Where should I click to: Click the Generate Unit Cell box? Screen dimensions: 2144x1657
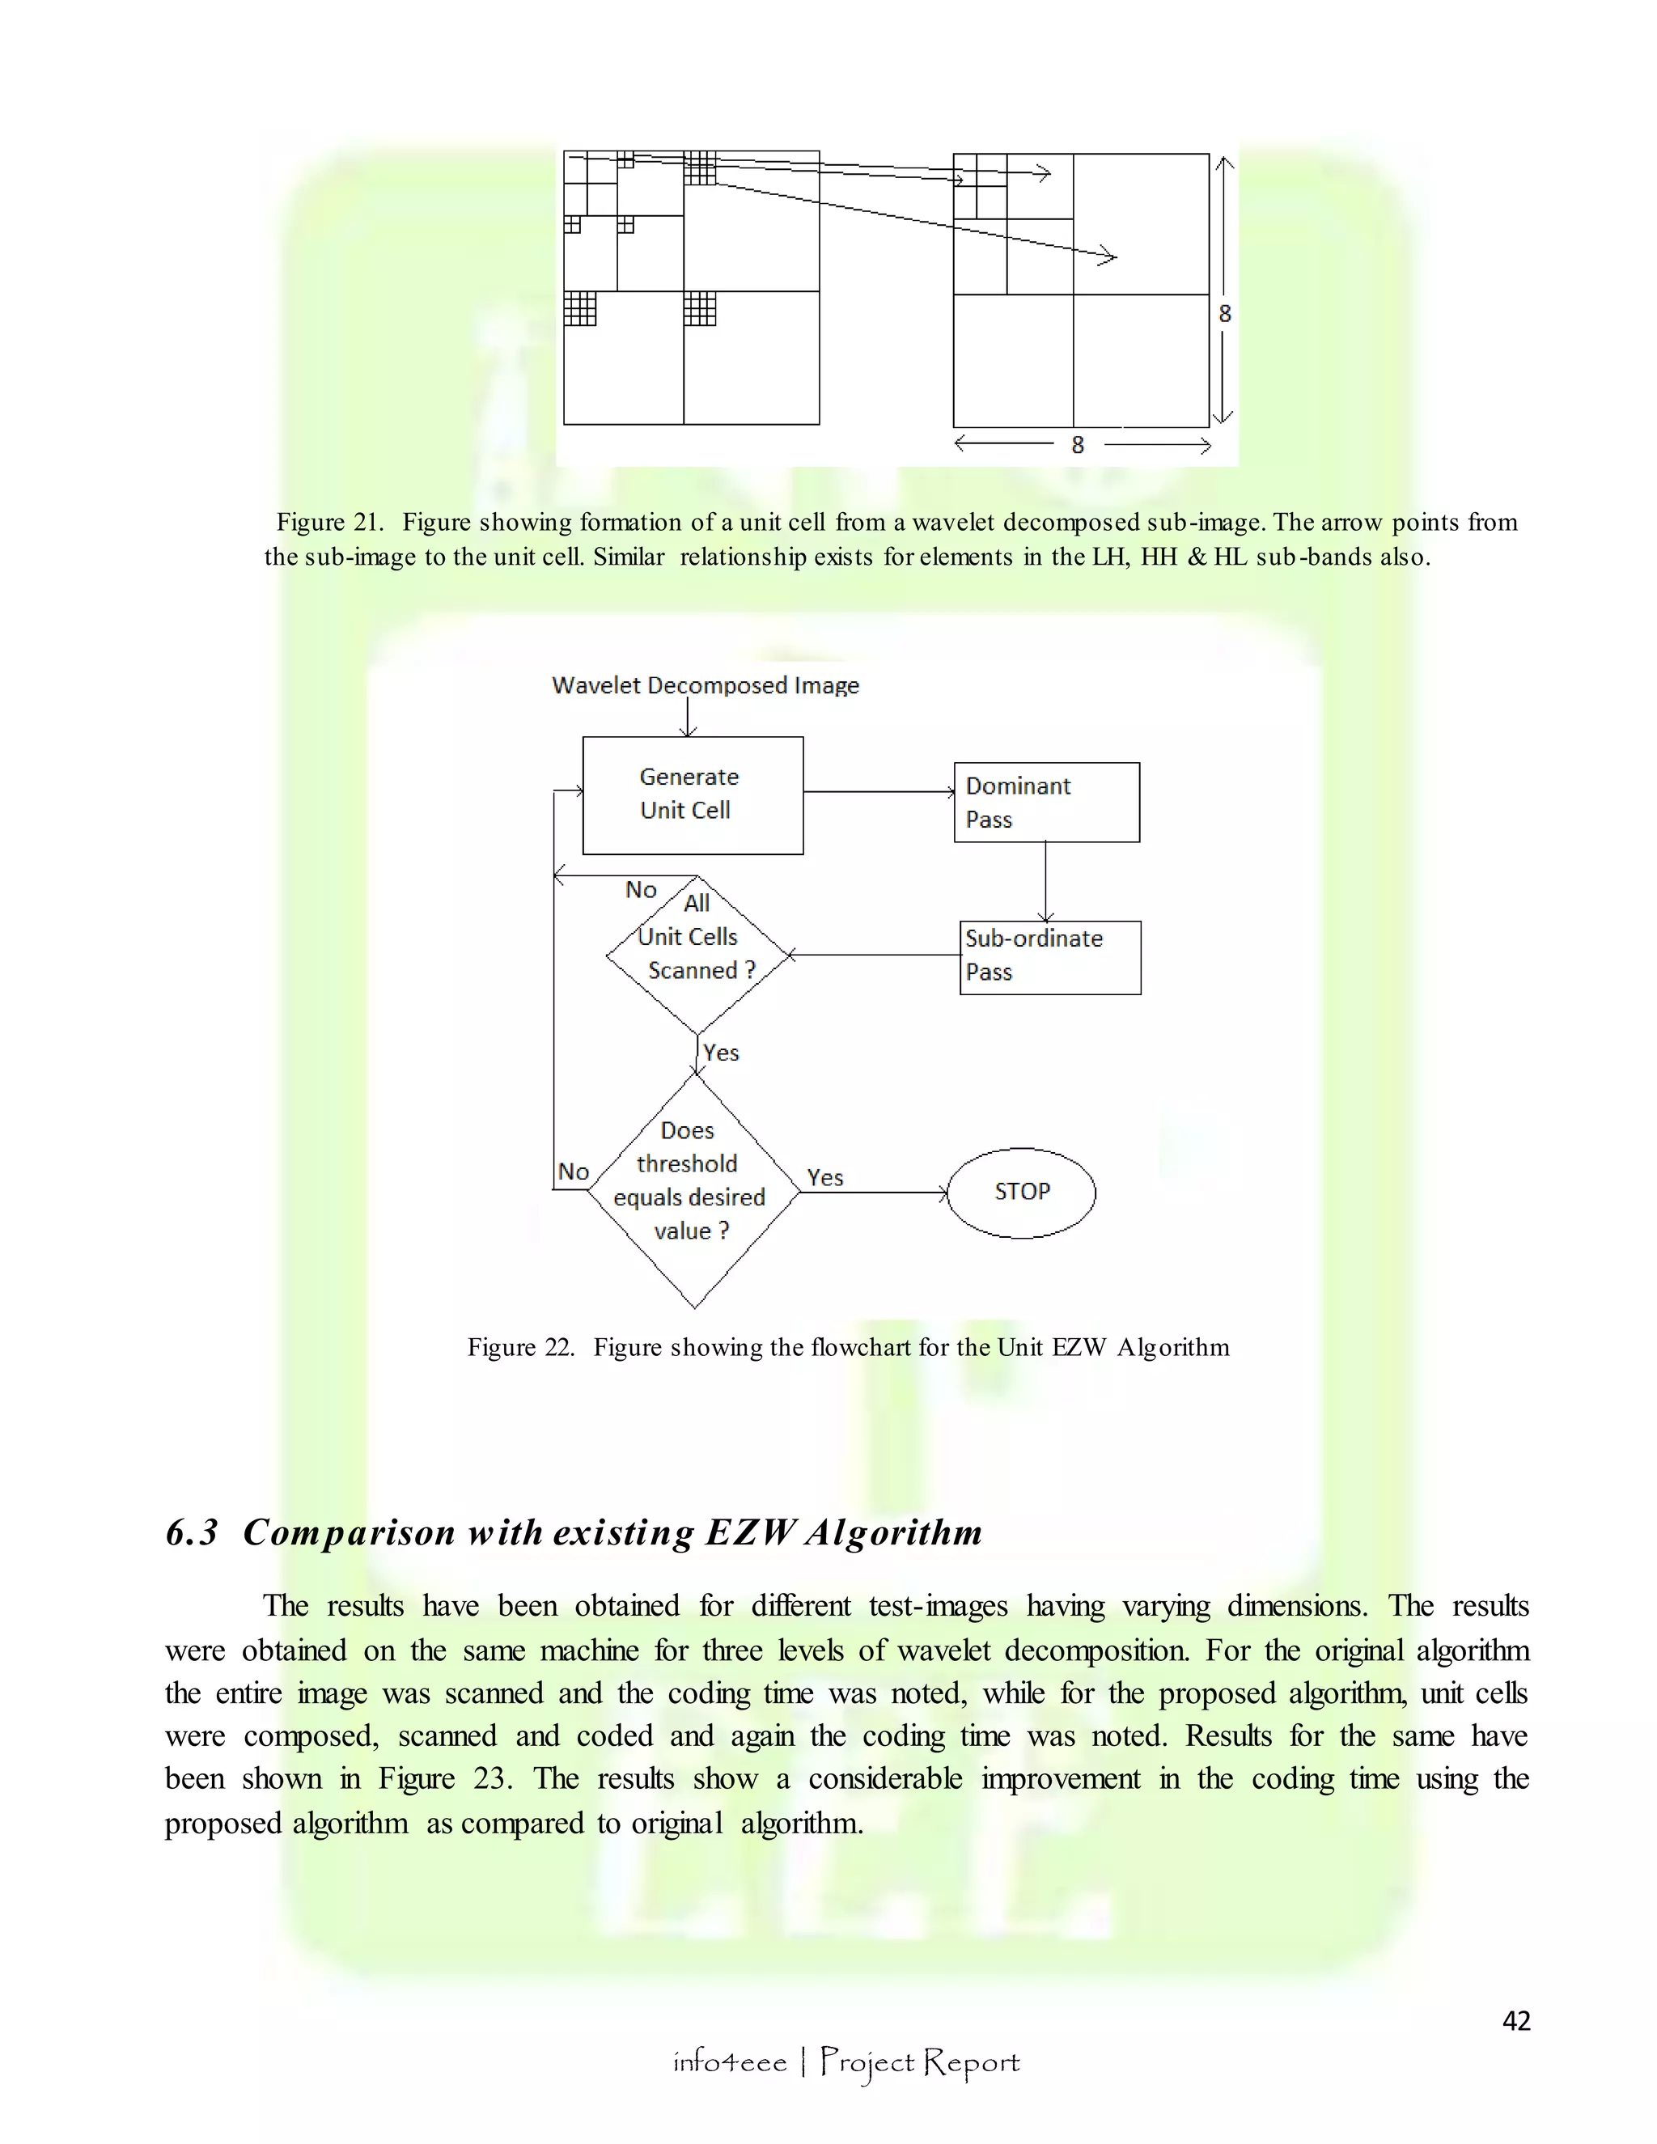click(692, 795)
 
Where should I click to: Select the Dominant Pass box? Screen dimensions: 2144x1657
click(1046, 802)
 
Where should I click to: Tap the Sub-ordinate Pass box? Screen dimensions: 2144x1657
click(1049, 957)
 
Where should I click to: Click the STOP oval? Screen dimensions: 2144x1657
click(1021, 1192)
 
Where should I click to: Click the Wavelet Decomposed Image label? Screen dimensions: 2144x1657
click(705, 685)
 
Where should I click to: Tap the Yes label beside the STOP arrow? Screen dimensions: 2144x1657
click(824, 1177)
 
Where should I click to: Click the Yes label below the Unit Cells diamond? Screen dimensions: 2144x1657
click(722, 1053)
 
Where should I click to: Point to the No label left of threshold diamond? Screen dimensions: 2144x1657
click(574, 1172)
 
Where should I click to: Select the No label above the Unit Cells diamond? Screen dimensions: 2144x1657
click(640, 889)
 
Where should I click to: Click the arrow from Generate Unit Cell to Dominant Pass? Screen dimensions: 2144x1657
click(878, 791)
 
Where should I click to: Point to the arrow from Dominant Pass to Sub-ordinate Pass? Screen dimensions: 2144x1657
click(1045, 880)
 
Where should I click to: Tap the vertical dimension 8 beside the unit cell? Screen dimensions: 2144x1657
click(1224, 313)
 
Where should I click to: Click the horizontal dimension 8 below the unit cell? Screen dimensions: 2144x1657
click(1077, 445)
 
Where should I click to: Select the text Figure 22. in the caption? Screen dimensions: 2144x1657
click(520, 1347)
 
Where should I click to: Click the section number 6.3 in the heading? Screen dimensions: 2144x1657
click(192, 1532)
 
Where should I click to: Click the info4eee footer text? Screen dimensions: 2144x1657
click(729, 2061)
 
